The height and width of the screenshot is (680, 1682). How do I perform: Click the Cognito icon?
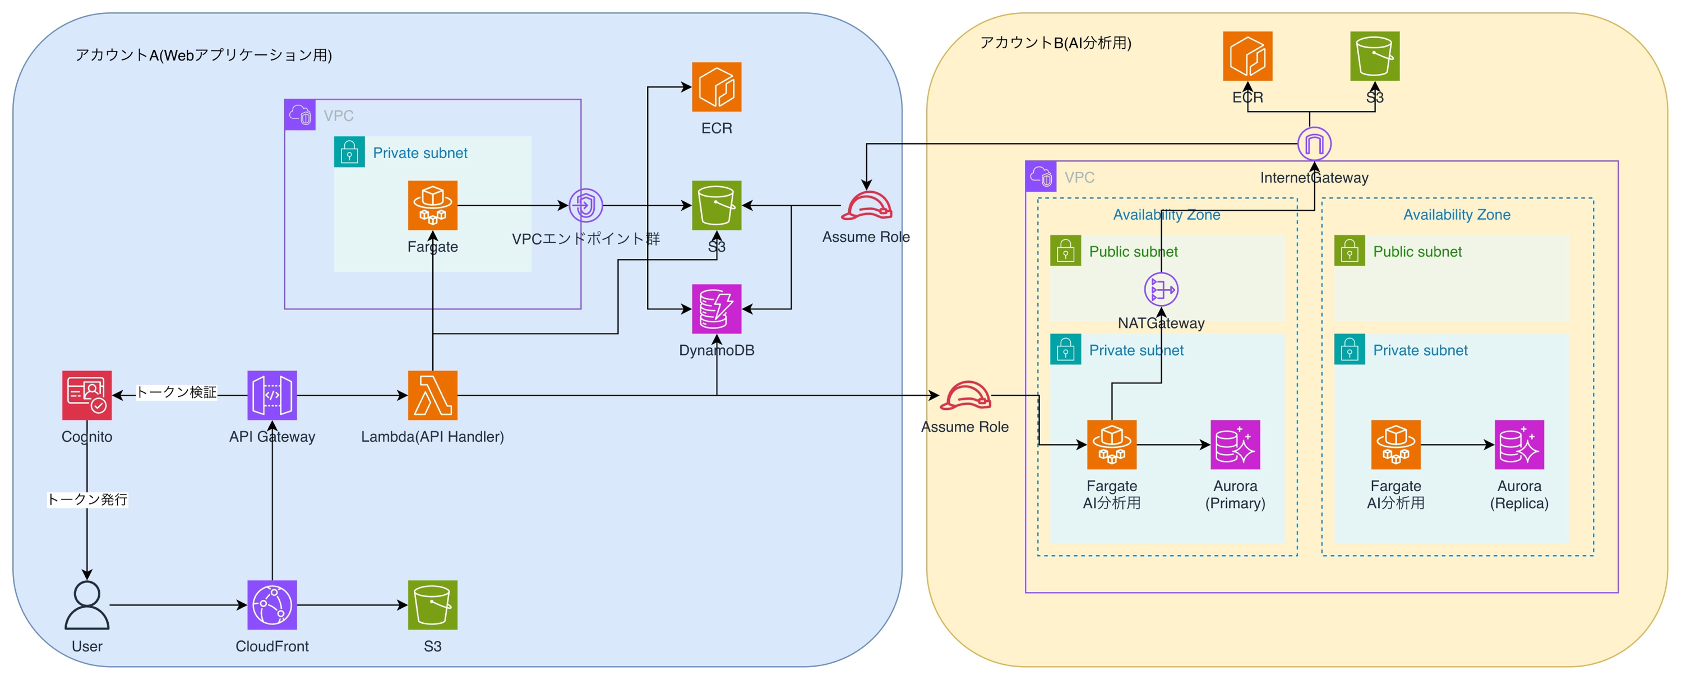click(x=87, y=395)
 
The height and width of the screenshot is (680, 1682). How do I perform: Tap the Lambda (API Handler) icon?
click(x=432, y=395)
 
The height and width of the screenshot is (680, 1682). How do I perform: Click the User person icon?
click(x=87, y=604)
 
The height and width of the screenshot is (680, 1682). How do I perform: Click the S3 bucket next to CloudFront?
click(x=432, y=604)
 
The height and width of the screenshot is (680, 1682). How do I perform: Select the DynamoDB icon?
click(x=717, y=309)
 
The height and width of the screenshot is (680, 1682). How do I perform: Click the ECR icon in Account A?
click(x=717, y=87)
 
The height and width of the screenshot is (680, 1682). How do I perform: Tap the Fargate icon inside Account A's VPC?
click(x=432, y=205)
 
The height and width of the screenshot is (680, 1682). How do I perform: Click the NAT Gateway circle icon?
click(x=1161, y=289)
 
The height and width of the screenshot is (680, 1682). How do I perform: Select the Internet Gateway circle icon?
click(x=1314, y=144)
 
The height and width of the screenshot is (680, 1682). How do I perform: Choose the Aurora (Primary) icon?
click(x=1235, y=445)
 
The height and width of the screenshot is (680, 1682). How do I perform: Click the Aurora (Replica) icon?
click(x=1519, y=445)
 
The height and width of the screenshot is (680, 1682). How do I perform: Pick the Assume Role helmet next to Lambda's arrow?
click(x=965, y=395)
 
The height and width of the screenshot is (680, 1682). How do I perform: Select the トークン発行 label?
click(x=87, y=499)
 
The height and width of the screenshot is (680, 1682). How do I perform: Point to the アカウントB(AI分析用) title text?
click(x=1055, y=43)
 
